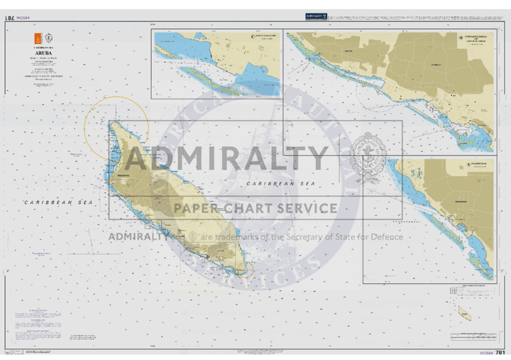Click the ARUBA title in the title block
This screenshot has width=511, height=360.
pyautogui.click(x=45, y=52)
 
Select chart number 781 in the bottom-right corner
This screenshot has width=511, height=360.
pyautogui.click(x=500, y=352)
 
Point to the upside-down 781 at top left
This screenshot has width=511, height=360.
pyautogui.click(x=11, y=17)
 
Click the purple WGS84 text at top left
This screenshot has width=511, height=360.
pyautogui.click(x=25, y=18)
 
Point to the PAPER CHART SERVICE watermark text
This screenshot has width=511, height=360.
pyautogui.click(x=255, y=208)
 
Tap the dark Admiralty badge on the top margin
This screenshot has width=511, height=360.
pyautogui.click(x=316, y=16)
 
